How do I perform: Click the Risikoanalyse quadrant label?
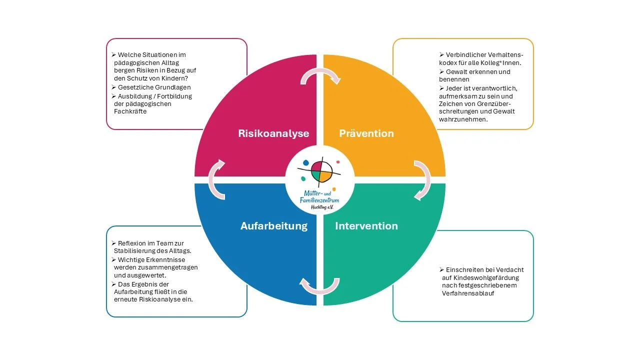pyautogui.click(x=273, y=133)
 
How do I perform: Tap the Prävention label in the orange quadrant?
pyautogui.click(x=366, y=133)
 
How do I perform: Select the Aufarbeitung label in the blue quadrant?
pyautogui.click(x=274, y=226)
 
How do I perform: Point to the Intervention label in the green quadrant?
pyautogui.click(x=366, y=226)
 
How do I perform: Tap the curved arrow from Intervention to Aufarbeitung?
pyautogui.click(x=320, y=291)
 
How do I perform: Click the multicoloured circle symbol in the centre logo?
pyautogui.click(x=322, y=171)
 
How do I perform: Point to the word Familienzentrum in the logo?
pyautogui.click(x=319, y=200)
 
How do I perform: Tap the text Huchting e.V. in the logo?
pyautogui.click(x=322, y=207)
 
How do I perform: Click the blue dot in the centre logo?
pyautogui.click(x=305, y=163)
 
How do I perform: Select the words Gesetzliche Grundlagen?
pyautogui.click(x=154, y=87)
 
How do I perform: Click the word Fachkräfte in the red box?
pyautogui.click(x=130, y=111)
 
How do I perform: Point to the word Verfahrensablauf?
pyautogui.click(x=468, y=293)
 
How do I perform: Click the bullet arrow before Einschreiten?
pyautogui.click(x=441, y=269)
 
